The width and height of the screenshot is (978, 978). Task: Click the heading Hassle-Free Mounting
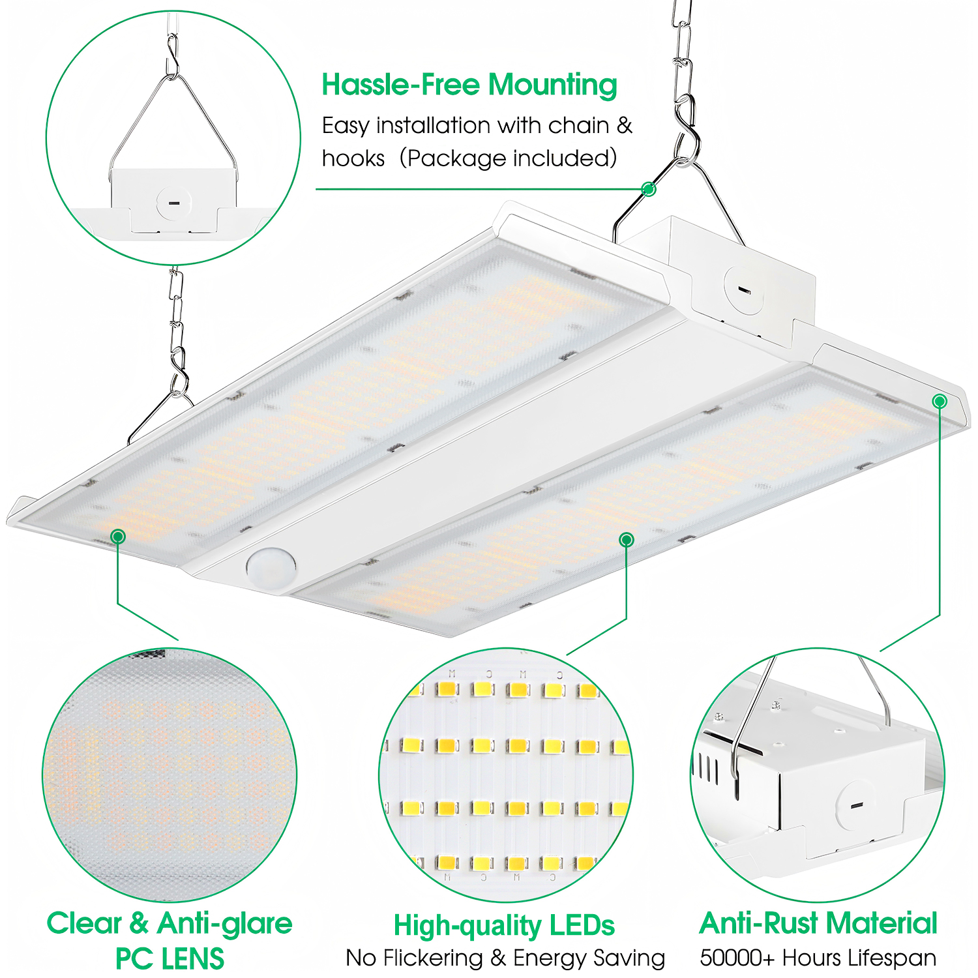pos(469,85)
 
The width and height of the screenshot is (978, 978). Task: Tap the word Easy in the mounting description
pos(346,126)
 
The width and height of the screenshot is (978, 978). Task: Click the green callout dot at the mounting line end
pos(648,189)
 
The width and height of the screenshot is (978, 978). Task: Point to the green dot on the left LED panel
pos(118,537)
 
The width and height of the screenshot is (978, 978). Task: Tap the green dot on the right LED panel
pos(627,539)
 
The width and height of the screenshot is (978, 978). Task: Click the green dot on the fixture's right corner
pos(940,401)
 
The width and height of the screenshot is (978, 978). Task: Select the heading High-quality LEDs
pos(504,925)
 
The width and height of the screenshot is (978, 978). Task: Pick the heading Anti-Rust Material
pos(818,923)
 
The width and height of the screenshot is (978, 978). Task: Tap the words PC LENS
pos(170,959)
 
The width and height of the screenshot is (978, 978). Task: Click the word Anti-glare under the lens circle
pos(225,924)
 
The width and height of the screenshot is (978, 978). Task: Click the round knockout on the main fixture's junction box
pos(744,290)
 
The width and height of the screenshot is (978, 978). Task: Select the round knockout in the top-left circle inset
pos(173,202)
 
